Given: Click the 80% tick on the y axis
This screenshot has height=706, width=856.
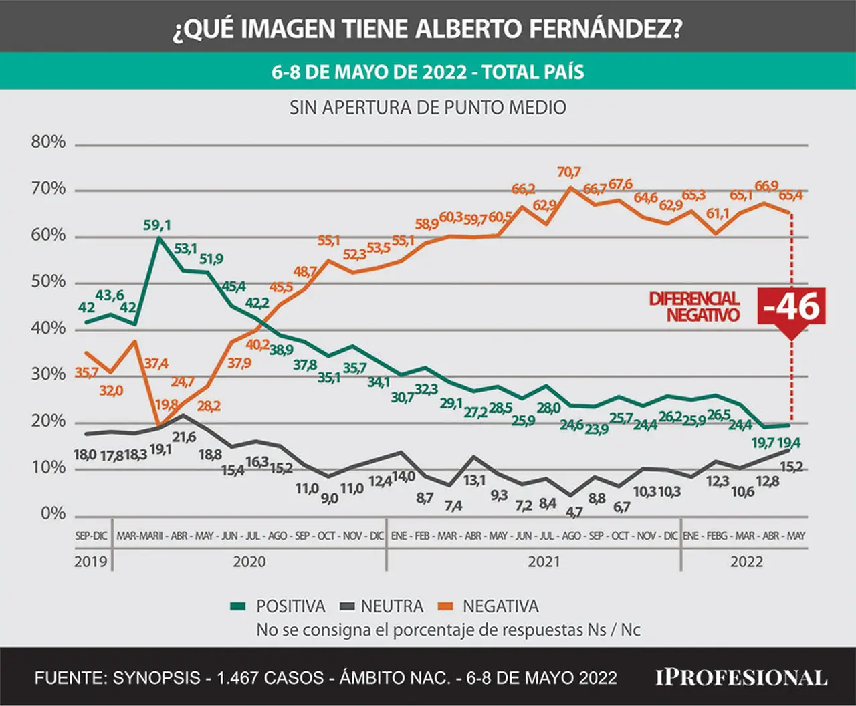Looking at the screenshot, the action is pos(48,142).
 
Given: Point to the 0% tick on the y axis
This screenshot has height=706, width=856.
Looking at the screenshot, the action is pos(53,513).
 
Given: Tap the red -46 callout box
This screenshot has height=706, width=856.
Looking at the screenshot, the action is pos(791,307).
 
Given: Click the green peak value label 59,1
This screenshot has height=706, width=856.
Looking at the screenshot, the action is pos(157,225).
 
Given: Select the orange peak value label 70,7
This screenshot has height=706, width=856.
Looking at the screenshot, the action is pos(568,172).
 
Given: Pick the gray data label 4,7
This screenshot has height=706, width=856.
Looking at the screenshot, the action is pos(574,512).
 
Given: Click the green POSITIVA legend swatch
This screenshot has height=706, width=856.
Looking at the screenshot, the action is pos(238,606).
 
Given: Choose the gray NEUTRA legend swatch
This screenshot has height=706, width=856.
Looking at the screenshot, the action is pos(347,606).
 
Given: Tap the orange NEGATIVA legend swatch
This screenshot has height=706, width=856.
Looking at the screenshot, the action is pos(445,606).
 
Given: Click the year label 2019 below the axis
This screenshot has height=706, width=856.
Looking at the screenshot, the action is pos(90,562).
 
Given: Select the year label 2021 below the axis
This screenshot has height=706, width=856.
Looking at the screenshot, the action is pos(544,562).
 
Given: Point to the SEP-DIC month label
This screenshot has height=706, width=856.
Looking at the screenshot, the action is pos(91,536).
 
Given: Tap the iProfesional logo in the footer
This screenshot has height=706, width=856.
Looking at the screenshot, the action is pos(741,678).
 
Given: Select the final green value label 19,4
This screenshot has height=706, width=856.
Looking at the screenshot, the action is pos(788,443).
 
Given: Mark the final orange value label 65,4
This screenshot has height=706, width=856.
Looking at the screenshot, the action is pos(791,195).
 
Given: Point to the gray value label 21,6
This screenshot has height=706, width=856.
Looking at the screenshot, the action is pos(184,437).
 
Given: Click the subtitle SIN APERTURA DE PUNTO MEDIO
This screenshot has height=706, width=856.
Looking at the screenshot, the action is pos(428,108).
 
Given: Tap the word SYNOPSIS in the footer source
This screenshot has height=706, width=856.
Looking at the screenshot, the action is pos(156,678).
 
